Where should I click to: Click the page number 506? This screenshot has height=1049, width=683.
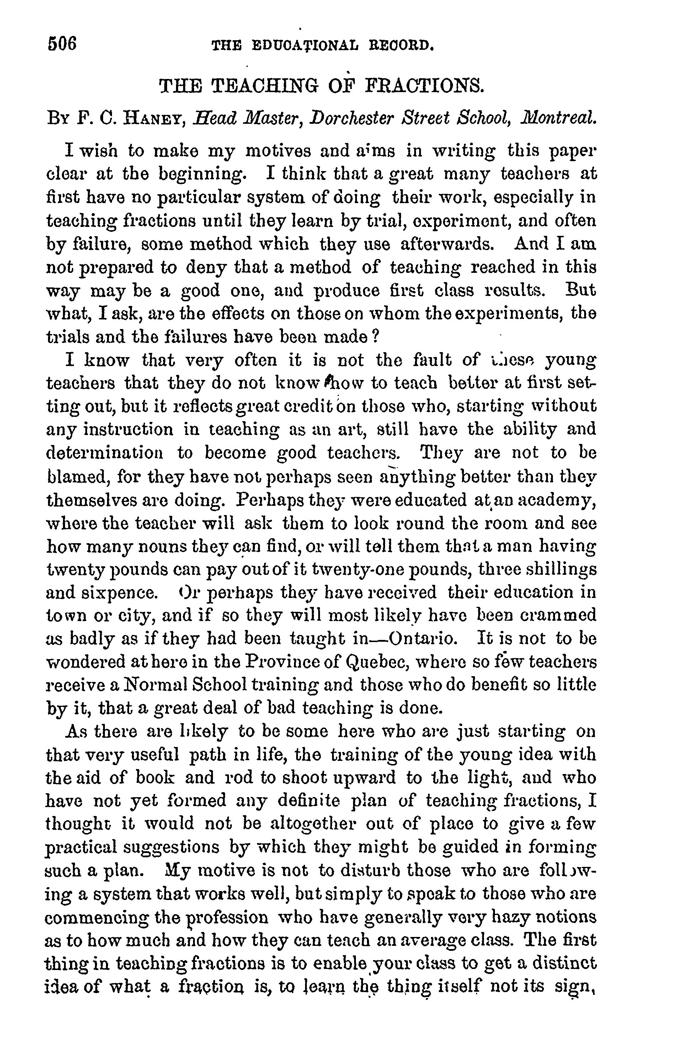(62, 44)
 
